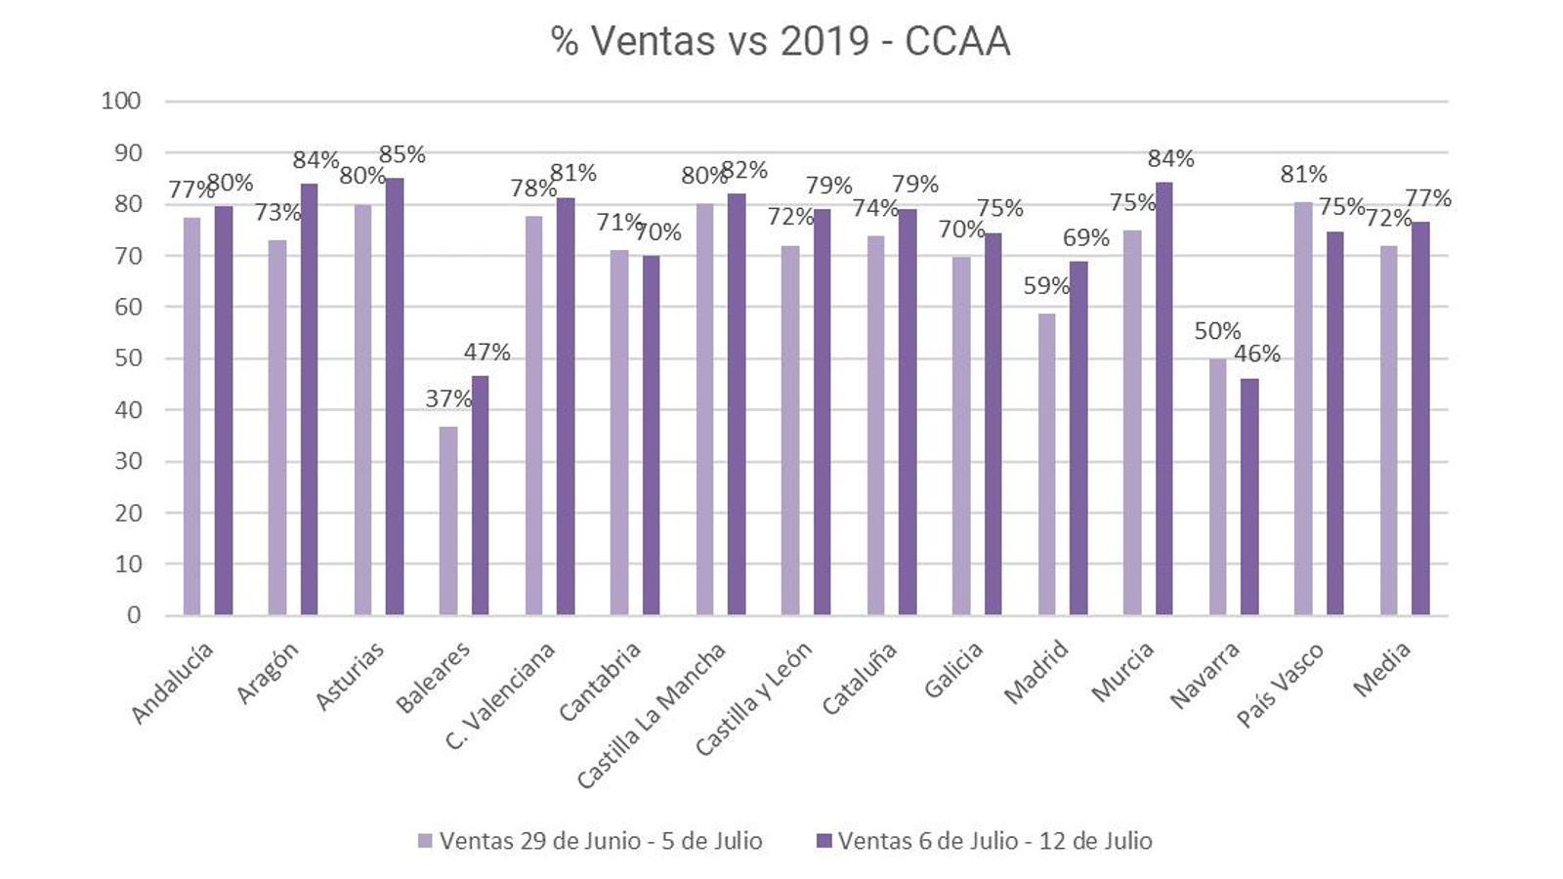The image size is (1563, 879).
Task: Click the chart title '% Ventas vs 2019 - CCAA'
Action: (780, 42)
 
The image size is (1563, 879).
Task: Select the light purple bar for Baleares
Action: (448, 521)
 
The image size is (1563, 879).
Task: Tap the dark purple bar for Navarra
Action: (1249, 496)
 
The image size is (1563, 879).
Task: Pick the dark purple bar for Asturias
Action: (394, 397)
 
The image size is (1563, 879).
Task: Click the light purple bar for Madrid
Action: (1046, 464)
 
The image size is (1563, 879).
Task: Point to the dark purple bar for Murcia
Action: (1163, 398)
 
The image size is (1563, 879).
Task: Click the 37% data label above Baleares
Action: (448, 398)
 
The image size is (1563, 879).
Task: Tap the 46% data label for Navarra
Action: (1256, 354)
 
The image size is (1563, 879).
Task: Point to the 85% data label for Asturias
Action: (401, 154)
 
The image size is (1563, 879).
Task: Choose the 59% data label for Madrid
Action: (1046, 286)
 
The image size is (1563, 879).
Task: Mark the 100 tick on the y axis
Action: (121, 101)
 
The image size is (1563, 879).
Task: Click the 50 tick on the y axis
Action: (128, 358)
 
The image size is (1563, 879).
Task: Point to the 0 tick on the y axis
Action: (134, 615)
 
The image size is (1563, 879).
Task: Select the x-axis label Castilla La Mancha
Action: (652, 715)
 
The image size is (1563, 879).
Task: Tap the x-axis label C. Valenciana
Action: (500, 695)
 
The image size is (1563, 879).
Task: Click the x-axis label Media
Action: (1382, 670)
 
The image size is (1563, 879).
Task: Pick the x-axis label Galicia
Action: (953, 671)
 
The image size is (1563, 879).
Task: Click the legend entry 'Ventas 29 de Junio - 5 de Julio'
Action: (590, 841)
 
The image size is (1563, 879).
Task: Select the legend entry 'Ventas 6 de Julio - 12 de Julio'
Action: (984, 841)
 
